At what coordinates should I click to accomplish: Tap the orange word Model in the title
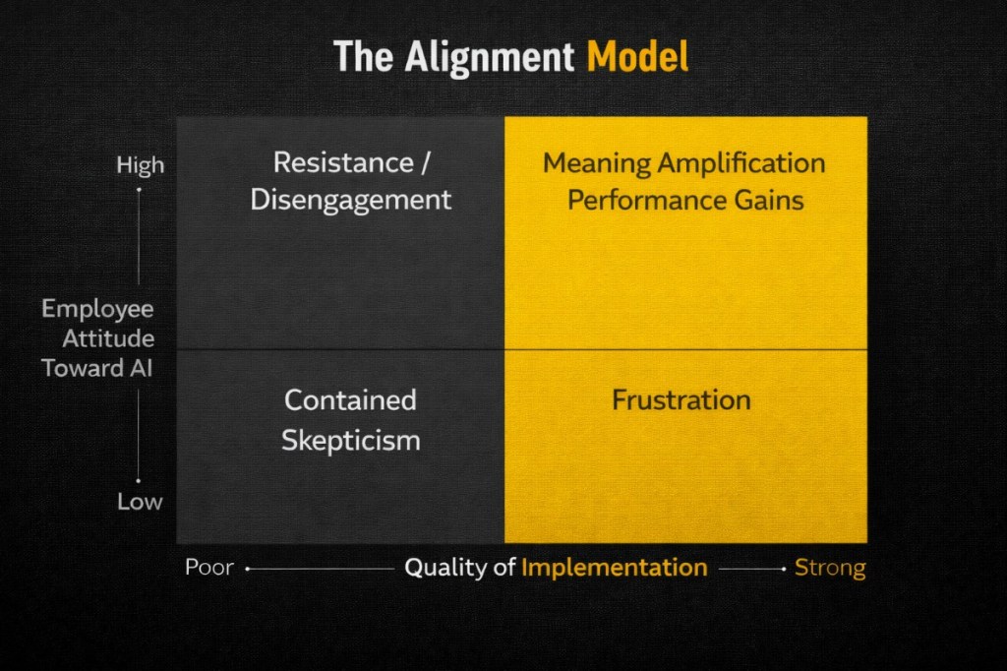tap(637, 57)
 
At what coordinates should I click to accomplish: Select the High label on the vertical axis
tap(141, 165)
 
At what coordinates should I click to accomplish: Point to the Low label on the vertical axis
tap(141, 501)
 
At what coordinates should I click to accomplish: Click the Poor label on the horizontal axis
tap(209, 568)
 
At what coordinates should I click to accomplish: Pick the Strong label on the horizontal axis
tap(830, 568)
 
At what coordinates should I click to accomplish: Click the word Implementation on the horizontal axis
tap(614, 568)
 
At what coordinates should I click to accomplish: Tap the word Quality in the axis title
tap(447, 568)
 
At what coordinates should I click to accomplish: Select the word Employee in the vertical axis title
tap(97, 309)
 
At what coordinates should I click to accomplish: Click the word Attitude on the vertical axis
tap(108, 338)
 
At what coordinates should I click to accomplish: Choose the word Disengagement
tap(351, 200)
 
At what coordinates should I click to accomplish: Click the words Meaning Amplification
tap(684, 162)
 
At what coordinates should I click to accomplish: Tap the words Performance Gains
tap(685, 200)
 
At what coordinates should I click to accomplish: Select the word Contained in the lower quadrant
tap(350, 400)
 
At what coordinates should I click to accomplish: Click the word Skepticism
tap(351, 440)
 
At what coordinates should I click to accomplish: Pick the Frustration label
tap(681, 400)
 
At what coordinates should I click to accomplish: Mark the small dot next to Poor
tap(247, 569)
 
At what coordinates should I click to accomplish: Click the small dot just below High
tap(139, 189)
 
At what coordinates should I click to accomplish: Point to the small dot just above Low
tap(139, 481)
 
